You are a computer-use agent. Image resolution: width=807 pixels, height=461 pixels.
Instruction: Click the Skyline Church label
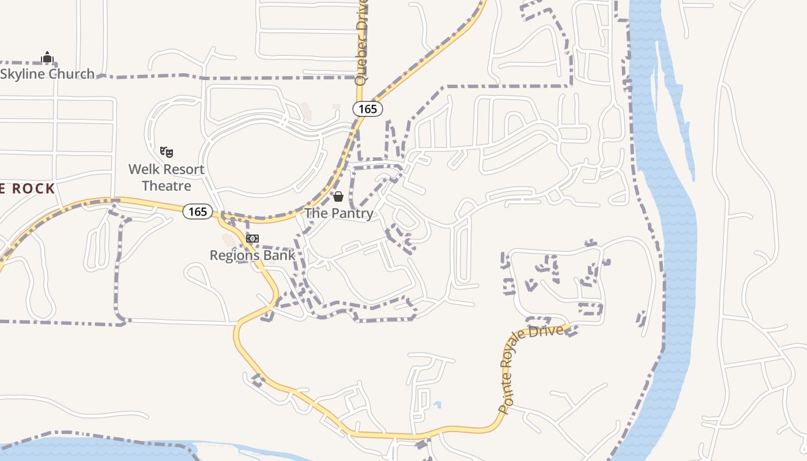tap(47, 74)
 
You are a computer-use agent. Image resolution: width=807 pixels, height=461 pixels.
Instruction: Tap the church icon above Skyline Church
tap(47, 58)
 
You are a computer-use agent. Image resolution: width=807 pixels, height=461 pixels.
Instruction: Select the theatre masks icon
tap(167, 152)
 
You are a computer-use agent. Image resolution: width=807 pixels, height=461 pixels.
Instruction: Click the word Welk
tap(142, 169)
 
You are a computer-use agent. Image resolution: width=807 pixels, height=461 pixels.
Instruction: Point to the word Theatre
tap(167, 186)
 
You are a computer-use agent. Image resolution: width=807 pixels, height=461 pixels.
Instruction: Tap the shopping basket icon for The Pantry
tap(338, 197)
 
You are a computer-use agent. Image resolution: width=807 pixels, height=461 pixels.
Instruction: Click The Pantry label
tap(338, 213)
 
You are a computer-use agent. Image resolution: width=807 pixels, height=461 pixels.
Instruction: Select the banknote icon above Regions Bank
tap(252, 239)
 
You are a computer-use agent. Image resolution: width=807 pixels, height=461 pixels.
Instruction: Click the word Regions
tap(232, 255)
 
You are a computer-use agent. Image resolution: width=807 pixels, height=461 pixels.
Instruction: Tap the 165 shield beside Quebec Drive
tap(368, 109)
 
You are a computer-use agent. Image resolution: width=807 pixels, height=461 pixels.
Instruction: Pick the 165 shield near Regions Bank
tap(198, 211)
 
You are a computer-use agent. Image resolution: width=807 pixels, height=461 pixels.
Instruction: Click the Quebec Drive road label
tap(361, 43)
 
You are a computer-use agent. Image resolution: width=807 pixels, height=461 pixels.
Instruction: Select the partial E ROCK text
tap(27, 188)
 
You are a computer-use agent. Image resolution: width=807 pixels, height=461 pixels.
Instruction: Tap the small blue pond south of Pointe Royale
tap(438, 405)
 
